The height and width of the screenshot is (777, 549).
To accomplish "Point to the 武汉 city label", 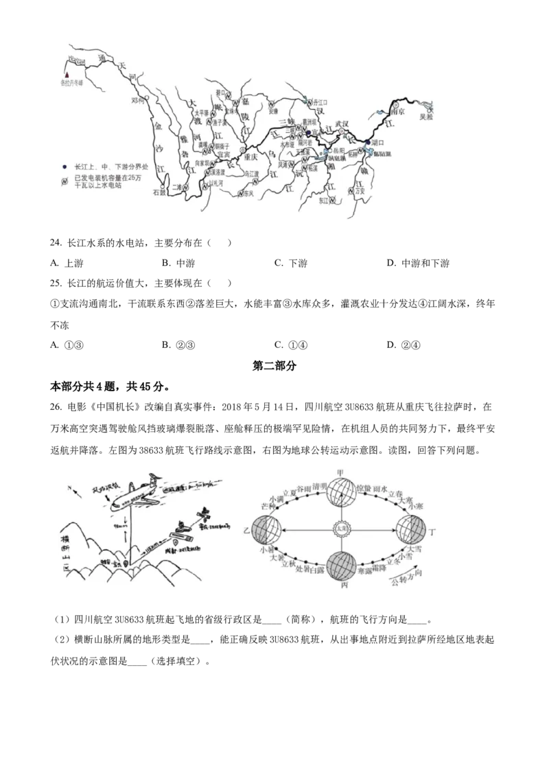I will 342,124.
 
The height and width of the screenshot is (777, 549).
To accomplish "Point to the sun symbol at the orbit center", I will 340,529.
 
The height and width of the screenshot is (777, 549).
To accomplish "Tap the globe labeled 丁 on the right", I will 412,531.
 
